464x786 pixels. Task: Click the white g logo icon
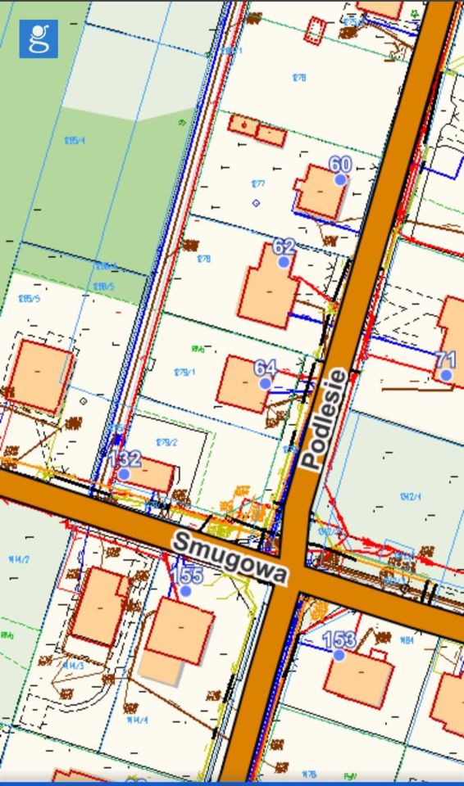click(39, 38)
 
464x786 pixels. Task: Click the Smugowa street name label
click(230, 556)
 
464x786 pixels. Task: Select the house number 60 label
click(340, 165)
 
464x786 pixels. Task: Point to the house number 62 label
click(284, 247)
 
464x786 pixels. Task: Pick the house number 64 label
click(266, 368)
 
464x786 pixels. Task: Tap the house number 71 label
click(445, 359)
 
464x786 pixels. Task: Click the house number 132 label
click(125, 458)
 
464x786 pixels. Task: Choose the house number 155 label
click(187, 575)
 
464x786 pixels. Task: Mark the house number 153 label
click(339, 639)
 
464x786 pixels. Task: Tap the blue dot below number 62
click(284, 262)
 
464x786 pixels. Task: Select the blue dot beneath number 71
click(445, 375)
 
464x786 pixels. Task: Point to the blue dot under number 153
click(339, 655)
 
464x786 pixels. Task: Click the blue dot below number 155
click(186, 590)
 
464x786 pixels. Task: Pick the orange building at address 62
click(266, 291)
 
